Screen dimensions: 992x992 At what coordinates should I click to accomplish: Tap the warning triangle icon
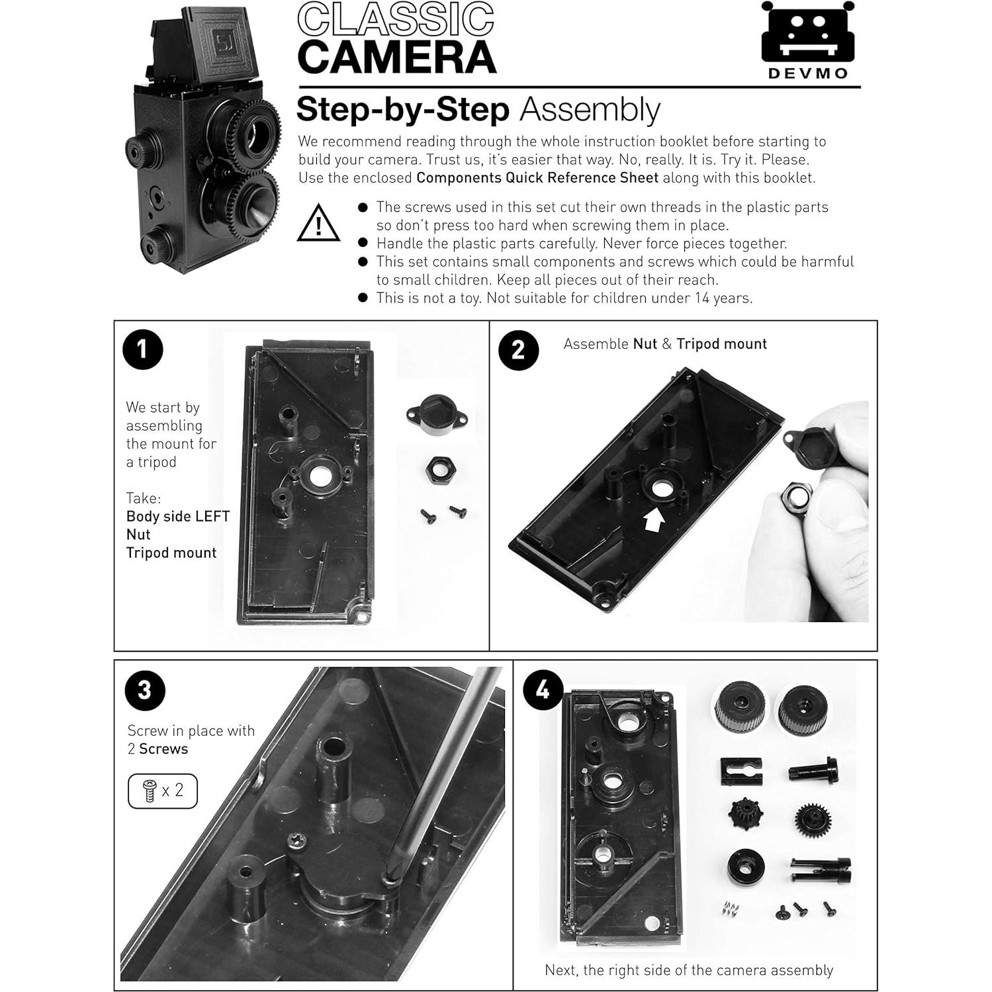(x=318, y=224)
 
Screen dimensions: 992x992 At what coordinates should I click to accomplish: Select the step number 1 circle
(x=143, y=349)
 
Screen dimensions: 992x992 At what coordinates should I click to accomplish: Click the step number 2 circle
(x=518, y=349)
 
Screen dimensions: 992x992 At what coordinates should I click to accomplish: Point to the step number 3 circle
(x=144, y=690)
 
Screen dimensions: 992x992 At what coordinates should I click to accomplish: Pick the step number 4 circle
(x=543, y=690)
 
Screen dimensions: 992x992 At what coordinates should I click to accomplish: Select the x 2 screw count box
(x=163, y=791)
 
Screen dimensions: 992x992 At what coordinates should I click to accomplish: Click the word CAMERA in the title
(x=396, y=58)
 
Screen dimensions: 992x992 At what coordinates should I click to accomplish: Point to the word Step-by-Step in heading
(x=402, y=110)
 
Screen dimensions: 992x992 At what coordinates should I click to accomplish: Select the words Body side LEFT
(x=178, y=516)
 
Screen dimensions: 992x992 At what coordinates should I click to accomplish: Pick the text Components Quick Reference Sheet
(x=537, y=178)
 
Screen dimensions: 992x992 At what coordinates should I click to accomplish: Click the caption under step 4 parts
(x=688, y=970)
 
